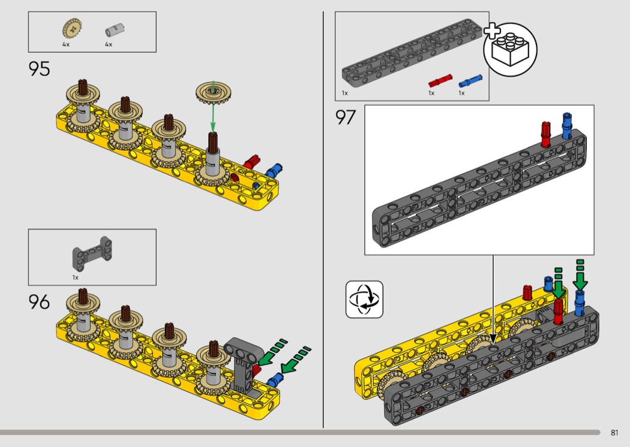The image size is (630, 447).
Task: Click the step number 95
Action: [x=40, y=70]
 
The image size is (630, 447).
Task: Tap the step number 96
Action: [x=40, y=302]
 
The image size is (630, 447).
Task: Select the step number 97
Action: [x=346, y=117]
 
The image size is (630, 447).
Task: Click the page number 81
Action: [x=614, y=433]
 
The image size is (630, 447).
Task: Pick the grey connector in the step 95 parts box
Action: [x=112, y=29]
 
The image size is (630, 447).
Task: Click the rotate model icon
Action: [x=364, y=299]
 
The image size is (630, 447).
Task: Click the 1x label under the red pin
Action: [x=431, y=93]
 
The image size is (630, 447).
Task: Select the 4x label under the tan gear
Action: [x=66, y=45]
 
